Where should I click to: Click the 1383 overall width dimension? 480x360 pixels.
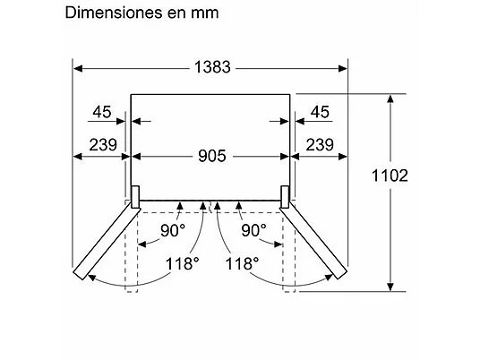coord(212,67)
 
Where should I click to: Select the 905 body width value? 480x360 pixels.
coord(212,156)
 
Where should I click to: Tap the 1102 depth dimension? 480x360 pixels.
coord(390,176)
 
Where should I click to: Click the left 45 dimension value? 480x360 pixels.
coord(102,112)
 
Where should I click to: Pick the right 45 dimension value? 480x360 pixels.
coord(320,112)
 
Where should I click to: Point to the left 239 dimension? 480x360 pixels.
coord(103,145)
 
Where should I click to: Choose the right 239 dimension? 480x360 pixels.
coord(320,145)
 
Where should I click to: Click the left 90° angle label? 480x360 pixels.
coord(173,230)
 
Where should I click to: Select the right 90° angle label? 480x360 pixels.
coord(253,230)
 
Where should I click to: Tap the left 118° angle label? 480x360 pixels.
coord(182,263)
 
